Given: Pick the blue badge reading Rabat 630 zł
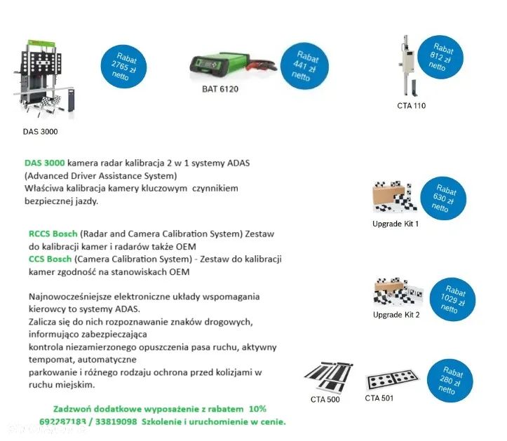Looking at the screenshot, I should pyautogui.click(x=445, y=199).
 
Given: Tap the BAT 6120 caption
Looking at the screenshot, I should pyautogui.click(x=220, y=90).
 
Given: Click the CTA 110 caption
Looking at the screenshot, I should pyautogui.click(x=410, y=106).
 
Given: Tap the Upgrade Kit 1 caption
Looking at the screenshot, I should pyautogui.click(x=396, y=224).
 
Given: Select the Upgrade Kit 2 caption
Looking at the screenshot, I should pyautogui.click(x=396, y=315).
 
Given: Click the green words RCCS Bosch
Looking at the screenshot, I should pyautogui.click(x=53, y=233).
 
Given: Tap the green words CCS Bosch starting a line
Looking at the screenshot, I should pyautogui.click(x=50, y=259).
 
